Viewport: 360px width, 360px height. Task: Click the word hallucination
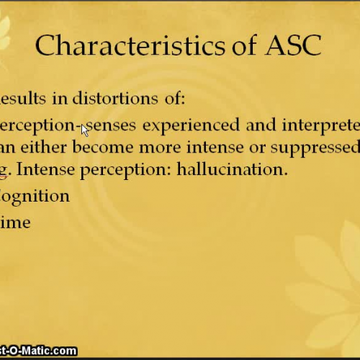[232, 171]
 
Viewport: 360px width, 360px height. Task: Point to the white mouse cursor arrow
[84, 130]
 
